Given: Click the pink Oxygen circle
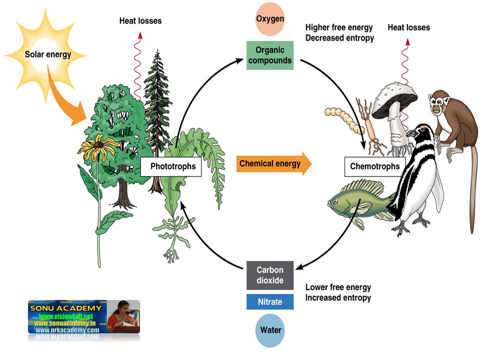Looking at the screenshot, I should [x=270, y=19].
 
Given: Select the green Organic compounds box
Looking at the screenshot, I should [x=270, y=55].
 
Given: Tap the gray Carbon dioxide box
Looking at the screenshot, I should [x=270, y=275].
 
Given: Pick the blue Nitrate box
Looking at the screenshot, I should [x=270, y=302].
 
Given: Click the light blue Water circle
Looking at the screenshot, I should [x=270, y=330].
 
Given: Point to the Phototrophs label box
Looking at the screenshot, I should [x=171, y=166].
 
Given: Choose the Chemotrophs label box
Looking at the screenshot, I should [x=375, y=166].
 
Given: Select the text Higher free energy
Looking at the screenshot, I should [x=339, y=27].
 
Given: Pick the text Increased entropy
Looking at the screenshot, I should [x=338, y=298].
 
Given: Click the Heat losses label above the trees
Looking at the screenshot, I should [x=140, y=21].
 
